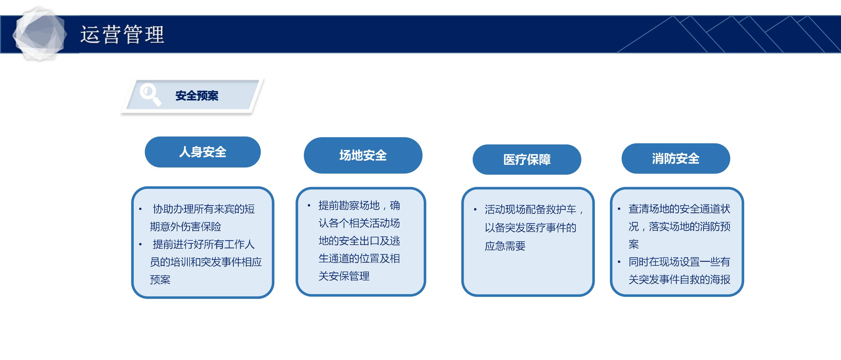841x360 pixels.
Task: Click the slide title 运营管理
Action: [122, 34]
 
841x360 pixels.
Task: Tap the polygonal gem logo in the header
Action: [39, 34]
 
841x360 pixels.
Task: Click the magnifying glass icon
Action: [150, 95]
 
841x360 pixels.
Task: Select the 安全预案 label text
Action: [197, 95]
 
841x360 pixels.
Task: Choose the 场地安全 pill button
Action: [363, 155]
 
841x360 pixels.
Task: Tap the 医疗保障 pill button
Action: [527, 160]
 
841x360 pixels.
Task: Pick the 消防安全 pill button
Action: [676, 159]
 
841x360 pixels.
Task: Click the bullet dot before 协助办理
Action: [140, 209]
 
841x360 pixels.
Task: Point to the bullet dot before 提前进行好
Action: [140, 244]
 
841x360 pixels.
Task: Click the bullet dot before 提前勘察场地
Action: [309, 206]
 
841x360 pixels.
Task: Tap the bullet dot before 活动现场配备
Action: [475, 210]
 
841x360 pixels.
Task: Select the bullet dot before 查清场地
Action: [619, 209]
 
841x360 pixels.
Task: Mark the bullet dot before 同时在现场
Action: [619, 262]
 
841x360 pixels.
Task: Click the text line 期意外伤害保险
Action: [185, 226]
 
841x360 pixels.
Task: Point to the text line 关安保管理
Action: [344, 276]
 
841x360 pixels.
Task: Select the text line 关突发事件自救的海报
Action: [680, 279]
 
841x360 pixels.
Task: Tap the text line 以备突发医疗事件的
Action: [531, 228]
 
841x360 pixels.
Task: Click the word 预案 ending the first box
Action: [160, 280]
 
